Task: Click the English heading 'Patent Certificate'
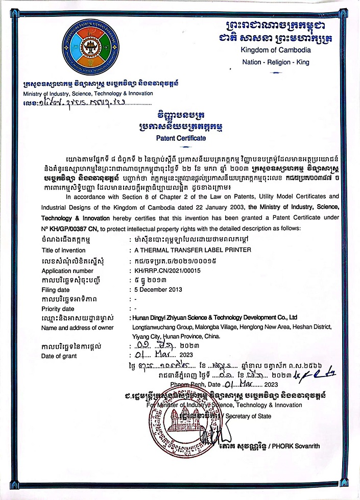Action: pos(181,138)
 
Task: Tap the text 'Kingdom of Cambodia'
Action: pos(276,49)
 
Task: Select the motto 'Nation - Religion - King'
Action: pos(275,62)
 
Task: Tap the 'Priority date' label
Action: pos(58,309)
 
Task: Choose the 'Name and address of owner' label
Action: pos(77,328)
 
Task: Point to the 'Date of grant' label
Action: pos(59,356)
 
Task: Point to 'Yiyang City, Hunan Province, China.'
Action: pos(177,337)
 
